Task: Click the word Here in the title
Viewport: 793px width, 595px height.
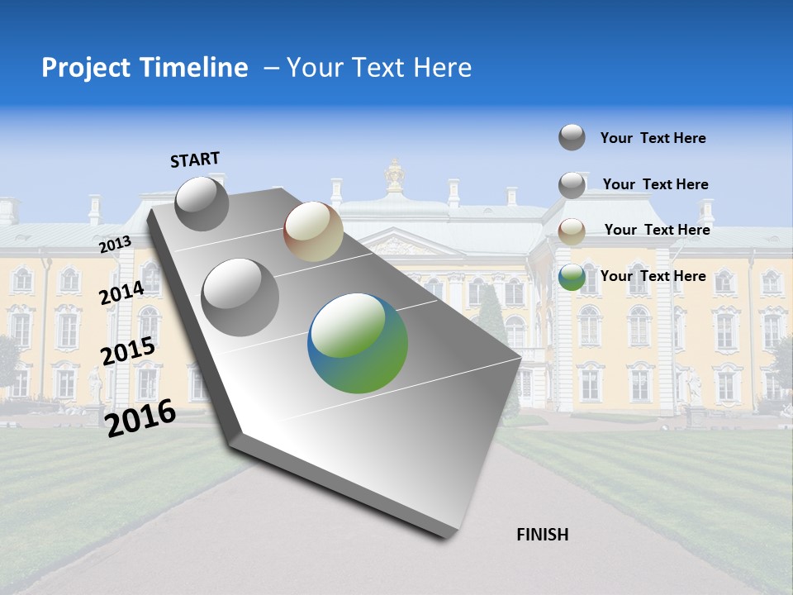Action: pos(443,68)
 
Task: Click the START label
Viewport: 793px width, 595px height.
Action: pos(195,159)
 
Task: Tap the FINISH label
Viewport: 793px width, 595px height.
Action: pos(542,535)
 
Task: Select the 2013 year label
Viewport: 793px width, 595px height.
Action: pos(115,245)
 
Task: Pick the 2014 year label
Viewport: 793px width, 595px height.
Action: pos(121,293)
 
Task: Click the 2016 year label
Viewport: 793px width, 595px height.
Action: pos(140,418)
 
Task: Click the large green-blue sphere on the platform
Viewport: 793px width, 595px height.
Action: pos(358,344)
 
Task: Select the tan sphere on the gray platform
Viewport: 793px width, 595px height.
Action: pos(313,232)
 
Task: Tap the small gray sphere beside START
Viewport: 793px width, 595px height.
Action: pos(202,203)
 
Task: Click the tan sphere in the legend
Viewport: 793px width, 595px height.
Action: pos(572,231)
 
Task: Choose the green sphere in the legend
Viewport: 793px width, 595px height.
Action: pos(572,278)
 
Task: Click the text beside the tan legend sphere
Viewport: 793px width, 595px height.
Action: pos(657,230)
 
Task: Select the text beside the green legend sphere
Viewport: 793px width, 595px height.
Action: pos(653,276)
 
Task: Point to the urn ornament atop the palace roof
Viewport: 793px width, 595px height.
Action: pos(395,175)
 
